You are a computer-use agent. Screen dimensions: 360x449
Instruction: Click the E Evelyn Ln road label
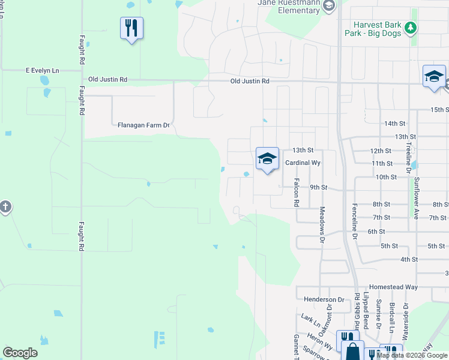[x=42, y=71]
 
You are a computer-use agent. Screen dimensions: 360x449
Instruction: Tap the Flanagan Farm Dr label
[x=144, y=125]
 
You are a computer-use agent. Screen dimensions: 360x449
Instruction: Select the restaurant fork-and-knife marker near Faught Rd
[x=131, y=28]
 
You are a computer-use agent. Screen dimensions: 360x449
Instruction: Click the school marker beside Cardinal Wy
[x=267, y=158]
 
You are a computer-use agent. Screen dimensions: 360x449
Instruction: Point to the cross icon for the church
[x=5, y=208]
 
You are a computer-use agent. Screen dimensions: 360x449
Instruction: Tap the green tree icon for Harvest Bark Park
[x=411, y=28]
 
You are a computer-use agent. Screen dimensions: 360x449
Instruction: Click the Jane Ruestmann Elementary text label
[x=289, y=6]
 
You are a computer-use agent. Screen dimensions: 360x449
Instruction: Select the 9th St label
[x=318, y=187]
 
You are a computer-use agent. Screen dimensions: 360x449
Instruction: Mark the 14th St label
[x=395, y=124]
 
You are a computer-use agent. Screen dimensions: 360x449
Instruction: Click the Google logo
[x=20, y=353]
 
